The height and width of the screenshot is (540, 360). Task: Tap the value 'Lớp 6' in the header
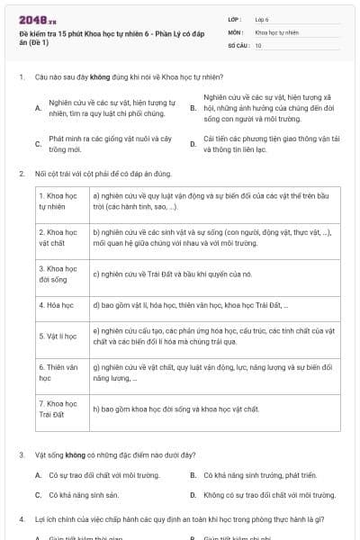[262, 18]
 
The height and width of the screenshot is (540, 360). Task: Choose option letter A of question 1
[38, 108]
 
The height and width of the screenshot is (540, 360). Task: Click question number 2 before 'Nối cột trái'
[21, 173]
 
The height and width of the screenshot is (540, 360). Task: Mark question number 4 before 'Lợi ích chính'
[21, 519]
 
